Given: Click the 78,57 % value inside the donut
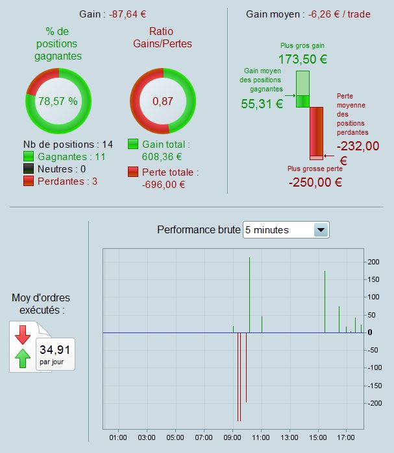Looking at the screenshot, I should [x=58, y=101].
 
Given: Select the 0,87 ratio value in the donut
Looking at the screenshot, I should [x=162, y=101].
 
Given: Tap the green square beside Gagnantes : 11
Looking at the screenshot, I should [x=29, y=156].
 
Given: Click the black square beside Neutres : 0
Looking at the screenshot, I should [x=29, y=168].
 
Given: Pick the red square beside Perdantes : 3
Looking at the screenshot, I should [x=29, y=181].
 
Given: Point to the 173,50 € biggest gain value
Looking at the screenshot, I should [x=302, y=59].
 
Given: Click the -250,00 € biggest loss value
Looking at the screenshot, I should [x=315, y=182].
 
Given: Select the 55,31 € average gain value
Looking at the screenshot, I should [x=262, y=103].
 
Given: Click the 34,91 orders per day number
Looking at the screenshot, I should [x=55, y=351].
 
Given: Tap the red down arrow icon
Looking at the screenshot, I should [x=23, y=334].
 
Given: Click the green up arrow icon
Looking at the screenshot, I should [x=23, y=357].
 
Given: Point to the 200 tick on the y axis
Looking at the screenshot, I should [x=373, y=262].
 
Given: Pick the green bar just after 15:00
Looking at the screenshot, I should [x=325, y=301].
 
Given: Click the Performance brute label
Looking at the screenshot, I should [x=198, y=230].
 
